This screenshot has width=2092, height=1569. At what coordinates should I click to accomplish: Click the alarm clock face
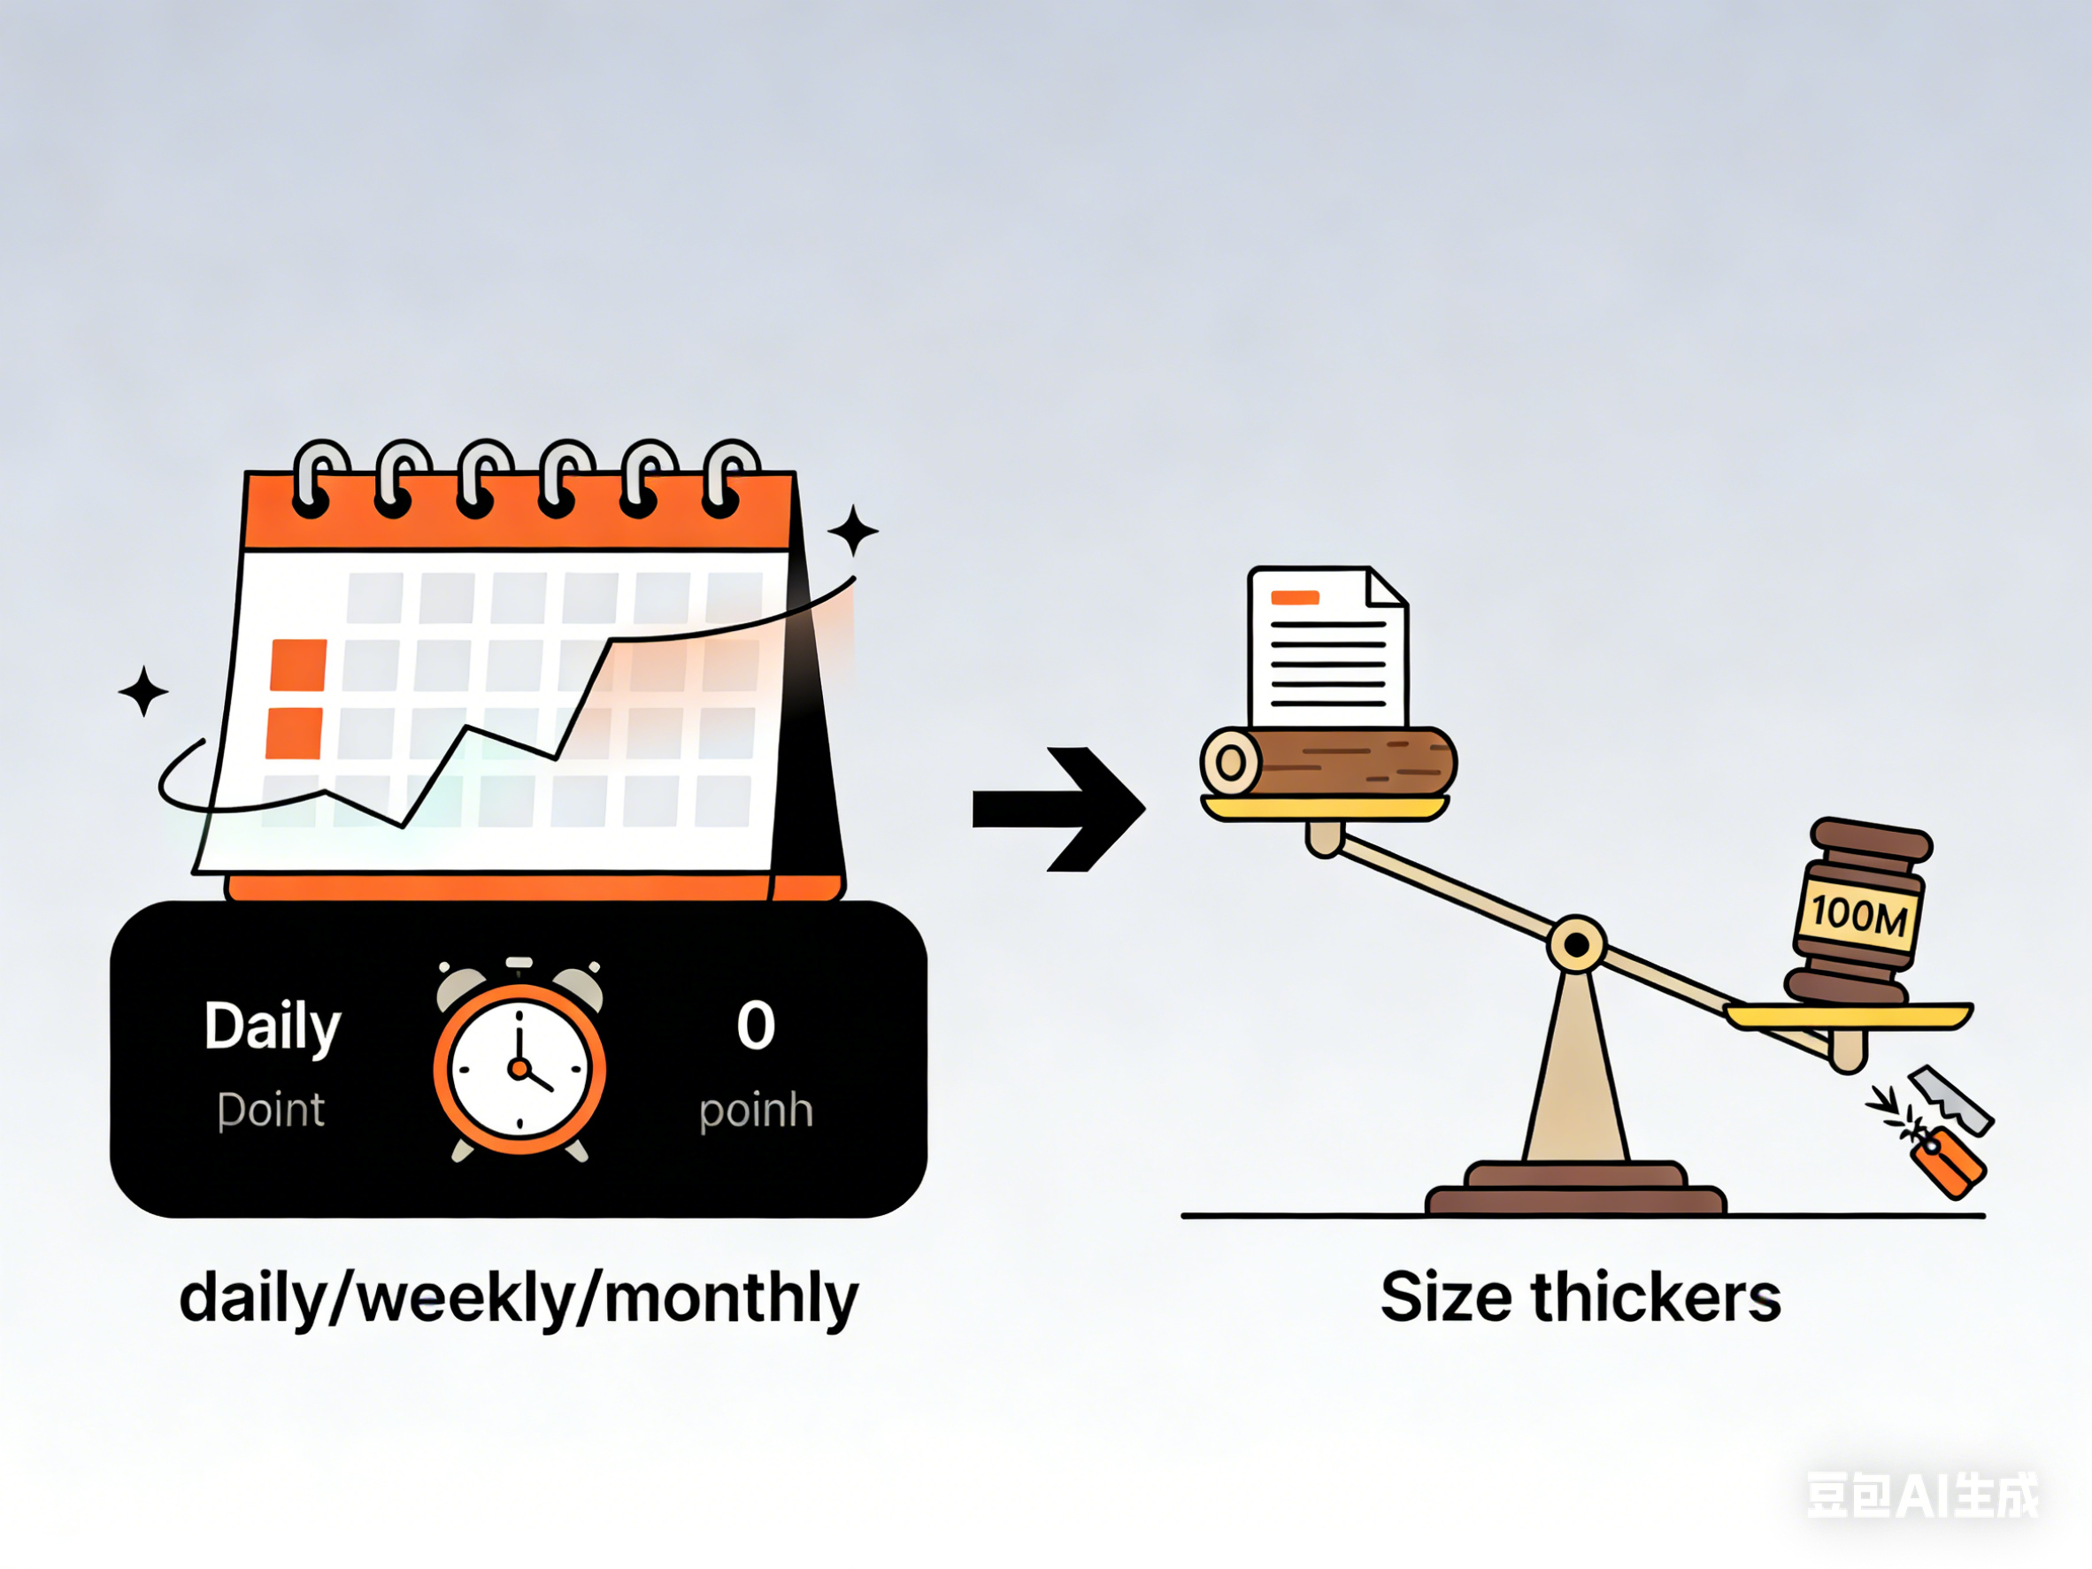point(519,1069)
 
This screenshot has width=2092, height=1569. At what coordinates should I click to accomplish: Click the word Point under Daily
point(272,1110)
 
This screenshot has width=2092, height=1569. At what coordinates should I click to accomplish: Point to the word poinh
point(756,1110)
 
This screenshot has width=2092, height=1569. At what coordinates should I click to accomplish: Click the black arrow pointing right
point(1059,809)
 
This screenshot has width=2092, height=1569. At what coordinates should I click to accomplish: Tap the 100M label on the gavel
point(1858,914)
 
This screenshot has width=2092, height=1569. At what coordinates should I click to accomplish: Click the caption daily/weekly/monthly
point(519,1298)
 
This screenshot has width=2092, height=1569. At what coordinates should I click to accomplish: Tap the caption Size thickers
point(1581,1296)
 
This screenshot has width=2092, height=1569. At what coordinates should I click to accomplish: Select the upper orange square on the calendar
point(298,665)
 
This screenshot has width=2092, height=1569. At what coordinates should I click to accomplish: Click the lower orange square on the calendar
point(294,733)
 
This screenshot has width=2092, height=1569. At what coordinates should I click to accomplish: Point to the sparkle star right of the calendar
point(853,531)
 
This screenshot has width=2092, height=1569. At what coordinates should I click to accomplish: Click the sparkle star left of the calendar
point(143,691)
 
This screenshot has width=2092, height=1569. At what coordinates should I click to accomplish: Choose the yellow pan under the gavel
point(1848,1018)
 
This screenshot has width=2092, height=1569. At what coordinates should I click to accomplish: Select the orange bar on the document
point(1295,597)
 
